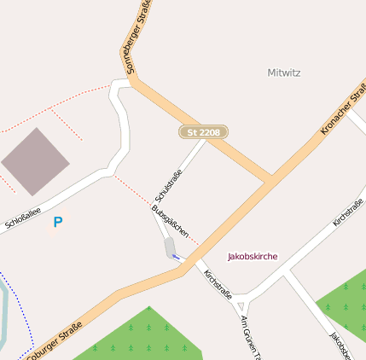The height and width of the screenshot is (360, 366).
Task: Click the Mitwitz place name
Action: coord(283,73)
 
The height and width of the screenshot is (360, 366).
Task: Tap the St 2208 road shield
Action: coord(203,132)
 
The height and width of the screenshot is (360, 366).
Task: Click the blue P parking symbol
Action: coord(58,223)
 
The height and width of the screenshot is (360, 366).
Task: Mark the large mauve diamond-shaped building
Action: coord(35,161)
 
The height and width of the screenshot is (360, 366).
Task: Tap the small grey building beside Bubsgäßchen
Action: coord(171,247)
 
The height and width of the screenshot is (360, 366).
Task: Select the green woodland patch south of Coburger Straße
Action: coord(137,337)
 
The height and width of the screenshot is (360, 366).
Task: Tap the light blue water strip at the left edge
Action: coord(4,316)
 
